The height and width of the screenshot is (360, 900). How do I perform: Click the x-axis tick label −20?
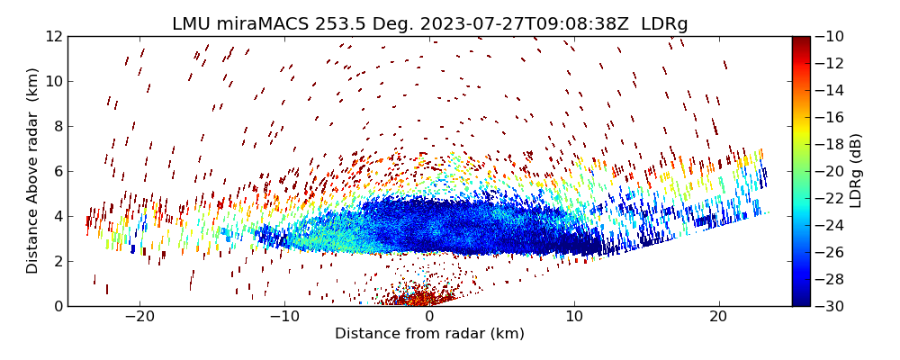pos(139,318)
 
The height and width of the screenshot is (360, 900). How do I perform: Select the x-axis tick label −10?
pos(284,318)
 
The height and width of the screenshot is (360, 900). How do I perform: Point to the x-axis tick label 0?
pos(429,318)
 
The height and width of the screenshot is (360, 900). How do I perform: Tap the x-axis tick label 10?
pos(574,318)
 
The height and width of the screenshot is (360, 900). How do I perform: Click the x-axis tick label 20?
pos(718,318)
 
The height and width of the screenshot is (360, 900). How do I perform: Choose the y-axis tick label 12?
pos(53,36)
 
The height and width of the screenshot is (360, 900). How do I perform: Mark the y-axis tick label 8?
pos(57,126)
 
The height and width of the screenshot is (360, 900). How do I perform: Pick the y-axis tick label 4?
pos(57,216)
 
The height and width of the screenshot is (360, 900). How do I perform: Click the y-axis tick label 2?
pos(57,261)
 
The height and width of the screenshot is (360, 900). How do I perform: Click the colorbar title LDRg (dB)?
pos(856,171)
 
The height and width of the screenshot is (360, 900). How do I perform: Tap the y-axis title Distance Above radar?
pos(33,171)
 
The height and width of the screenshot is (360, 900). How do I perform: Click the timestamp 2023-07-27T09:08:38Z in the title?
pos(521,24)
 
